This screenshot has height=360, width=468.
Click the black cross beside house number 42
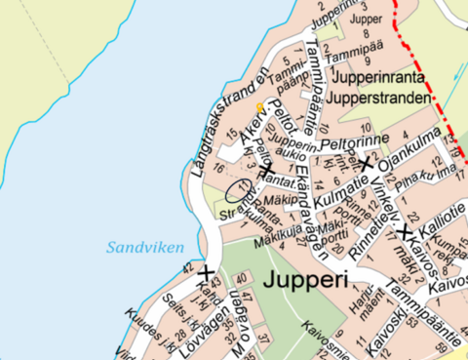[x=207, y=272]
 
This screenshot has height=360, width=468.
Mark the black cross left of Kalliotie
[x=405, y=232]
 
